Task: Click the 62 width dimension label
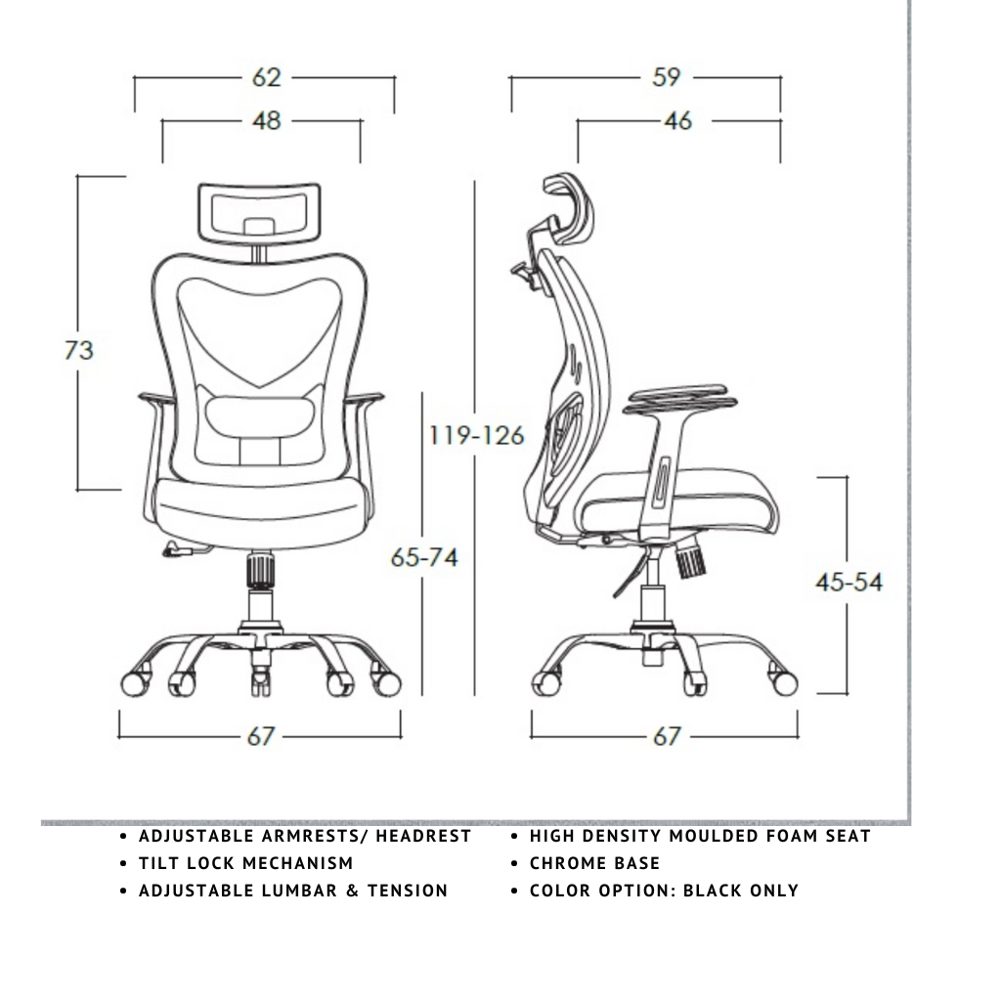point(266,77)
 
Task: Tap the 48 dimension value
point(266,120)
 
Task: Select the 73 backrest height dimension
point(79,350)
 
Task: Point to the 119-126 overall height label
point(476,435)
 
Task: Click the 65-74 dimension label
point(424,557)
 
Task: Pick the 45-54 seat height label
point(849,583)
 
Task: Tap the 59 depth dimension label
point(667,77)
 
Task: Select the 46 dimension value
point(678,120)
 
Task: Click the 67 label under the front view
point(260,736)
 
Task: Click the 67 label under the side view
point(667,736)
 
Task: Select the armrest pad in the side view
point(681,399)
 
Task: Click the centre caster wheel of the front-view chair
point(260,681)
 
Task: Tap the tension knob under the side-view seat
point(691,560)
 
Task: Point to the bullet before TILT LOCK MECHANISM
point(124,864)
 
